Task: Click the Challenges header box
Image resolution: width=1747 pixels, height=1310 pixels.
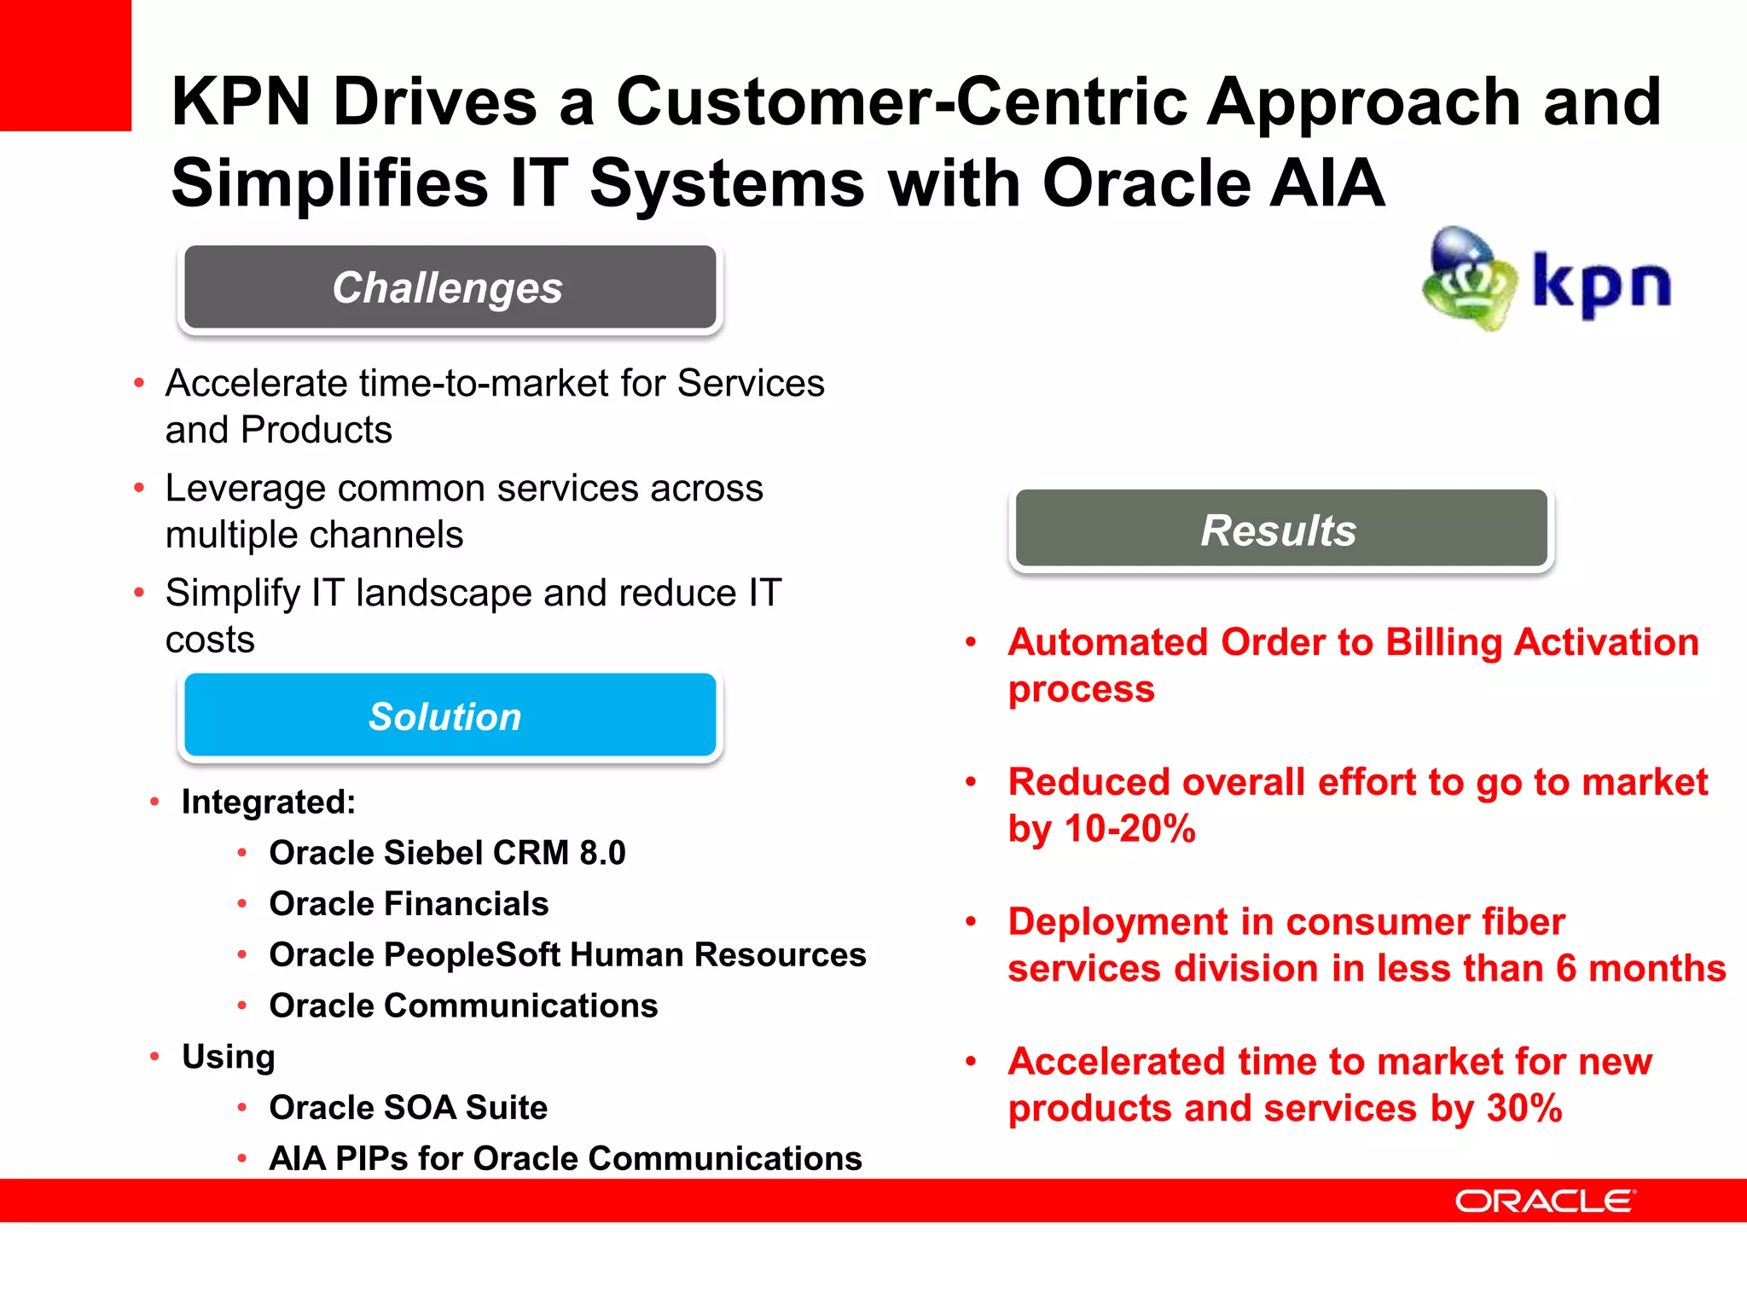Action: pos(450,287)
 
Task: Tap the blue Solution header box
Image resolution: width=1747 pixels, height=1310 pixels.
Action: pos(450,716)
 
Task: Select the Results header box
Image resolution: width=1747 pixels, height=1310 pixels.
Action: pos(1280,530)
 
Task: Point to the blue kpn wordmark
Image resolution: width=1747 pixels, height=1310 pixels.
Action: pos(1601,284)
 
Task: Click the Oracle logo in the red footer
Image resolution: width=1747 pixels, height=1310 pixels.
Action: pos(1545,1201)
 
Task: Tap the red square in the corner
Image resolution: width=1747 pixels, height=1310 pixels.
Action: pos(65,65)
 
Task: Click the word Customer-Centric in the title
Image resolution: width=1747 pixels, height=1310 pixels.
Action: pos(902,101)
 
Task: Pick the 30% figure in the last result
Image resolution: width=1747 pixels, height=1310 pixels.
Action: pos(1524,1109)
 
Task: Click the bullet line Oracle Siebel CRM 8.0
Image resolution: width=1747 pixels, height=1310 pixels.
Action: pos(447,853)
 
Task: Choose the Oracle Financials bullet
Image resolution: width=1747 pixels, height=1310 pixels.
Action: pos(409,904)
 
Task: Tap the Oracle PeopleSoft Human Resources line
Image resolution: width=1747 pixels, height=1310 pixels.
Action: pos(567,955)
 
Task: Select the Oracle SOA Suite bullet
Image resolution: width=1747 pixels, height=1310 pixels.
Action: pos(408,1108)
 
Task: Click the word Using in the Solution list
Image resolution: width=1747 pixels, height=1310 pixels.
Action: pos(229,1057)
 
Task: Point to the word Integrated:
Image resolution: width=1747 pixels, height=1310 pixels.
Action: pos(269,803)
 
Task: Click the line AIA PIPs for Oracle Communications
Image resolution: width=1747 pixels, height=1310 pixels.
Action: pos(565,1159)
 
